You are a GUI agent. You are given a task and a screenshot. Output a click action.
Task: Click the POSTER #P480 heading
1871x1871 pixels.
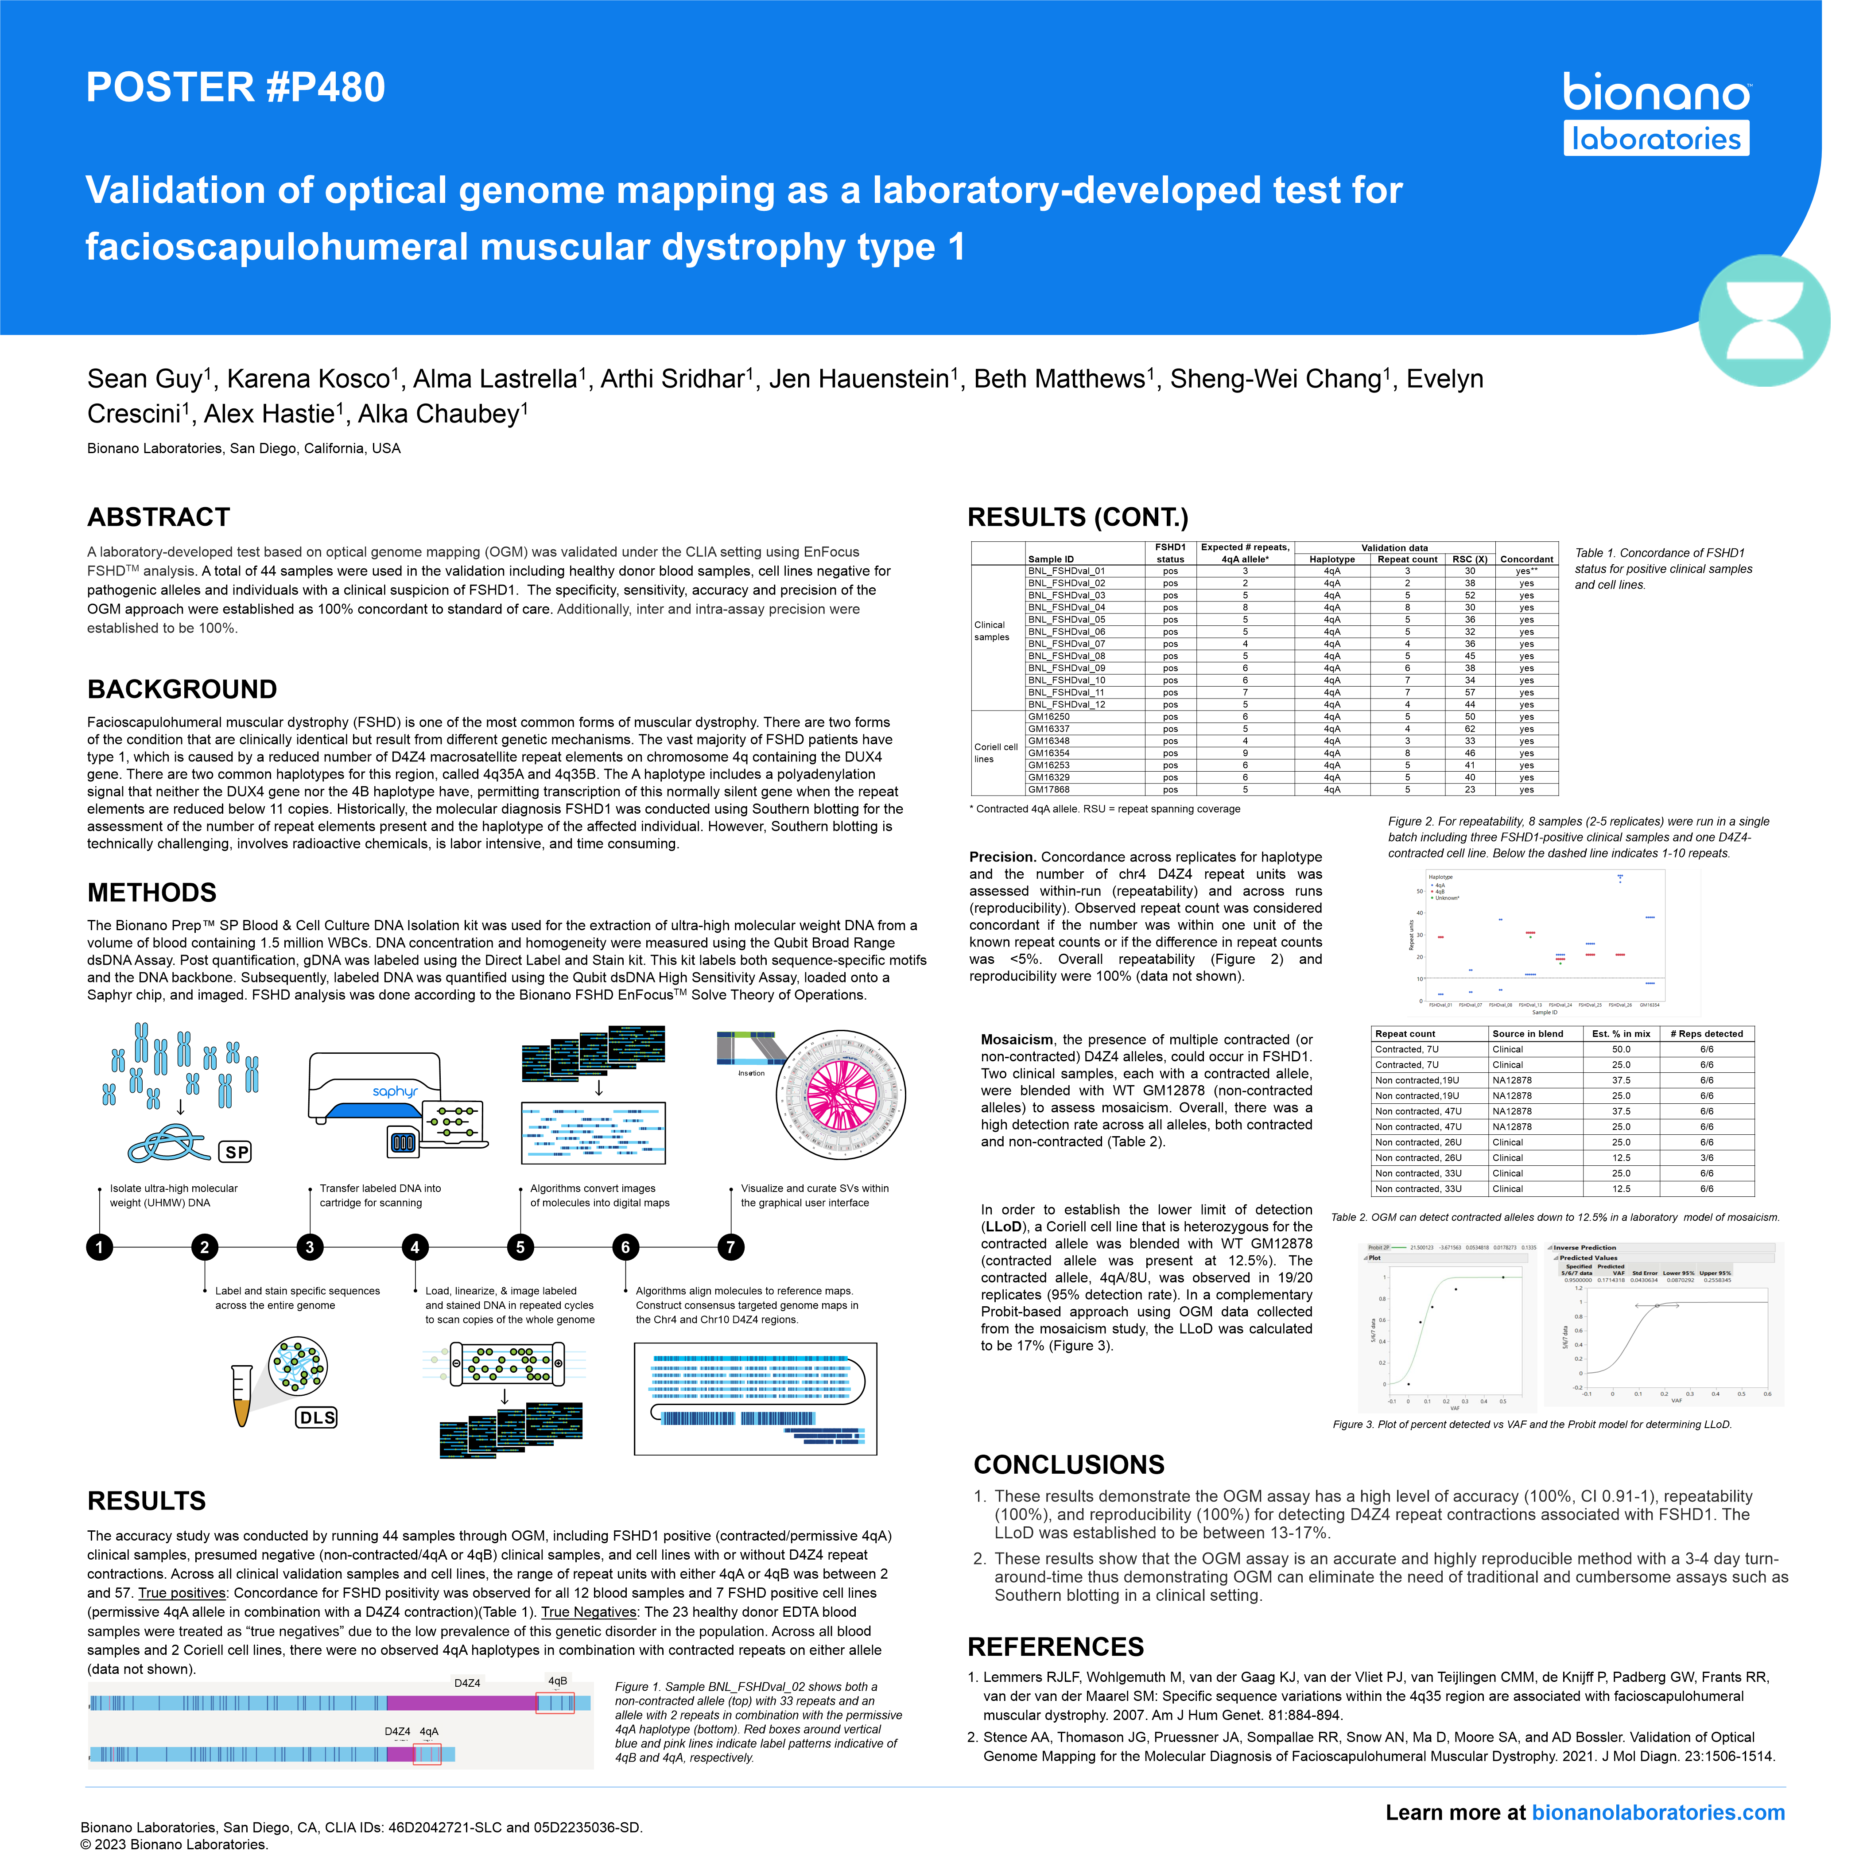tap(235, 87)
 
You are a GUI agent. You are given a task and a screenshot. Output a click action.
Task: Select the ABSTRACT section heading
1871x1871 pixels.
tap(159, 517)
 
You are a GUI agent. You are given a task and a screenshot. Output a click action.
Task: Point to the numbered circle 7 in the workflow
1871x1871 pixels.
tap(731, 1247)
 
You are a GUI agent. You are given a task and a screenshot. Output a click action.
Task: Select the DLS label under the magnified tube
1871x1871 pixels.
tap(317, 1418)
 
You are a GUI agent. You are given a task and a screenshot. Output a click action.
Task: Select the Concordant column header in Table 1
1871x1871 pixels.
tap(1526, 560)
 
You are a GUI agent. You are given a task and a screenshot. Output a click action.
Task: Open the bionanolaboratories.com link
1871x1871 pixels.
tap(1658, 1813)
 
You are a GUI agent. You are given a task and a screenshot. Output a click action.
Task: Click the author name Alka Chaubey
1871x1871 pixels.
tap(441, 415)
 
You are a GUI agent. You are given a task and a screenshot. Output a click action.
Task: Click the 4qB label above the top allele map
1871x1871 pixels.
tap(558, 1681)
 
